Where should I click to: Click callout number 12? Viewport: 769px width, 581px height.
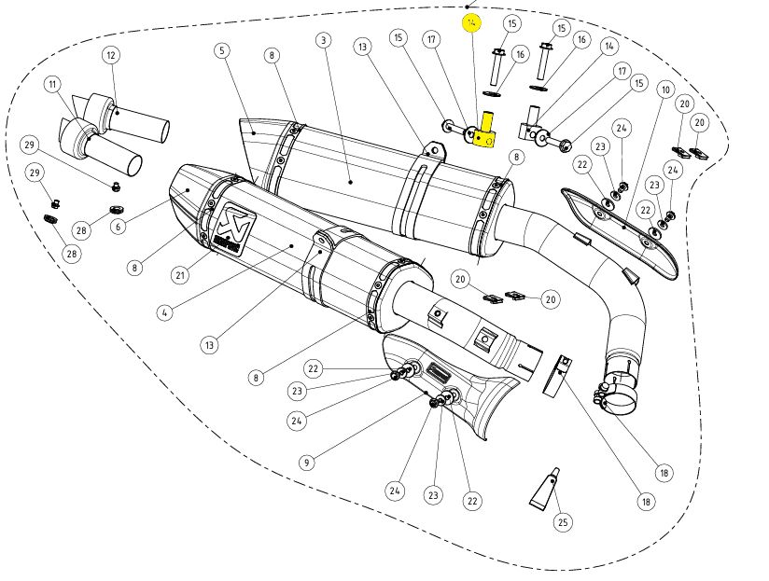(x=111, y=55)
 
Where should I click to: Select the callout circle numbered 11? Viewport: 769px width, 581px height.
(x=52, y=85)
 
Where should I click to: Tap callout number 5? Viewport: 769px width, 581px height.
(x=222, y=49)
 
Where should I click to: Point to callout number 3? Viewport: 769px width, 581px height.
(x=323, y=40)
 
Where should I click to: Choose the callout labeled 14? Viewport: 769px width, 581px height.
(x=609, y=46)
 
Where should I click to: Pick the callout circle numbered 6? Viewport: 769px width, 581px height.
(x=119, y=226)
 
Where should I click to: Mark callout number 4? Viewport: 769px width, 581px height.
(x=164, y=312)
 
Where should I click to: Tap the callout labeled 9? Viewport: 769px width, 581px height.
(x=307, y=461)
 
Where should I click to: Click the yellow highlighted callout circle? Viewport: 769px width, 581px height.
(x=472, y=21)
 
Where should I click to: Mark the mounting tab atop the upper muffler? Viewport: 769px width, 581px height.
(x=432, y=149)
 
